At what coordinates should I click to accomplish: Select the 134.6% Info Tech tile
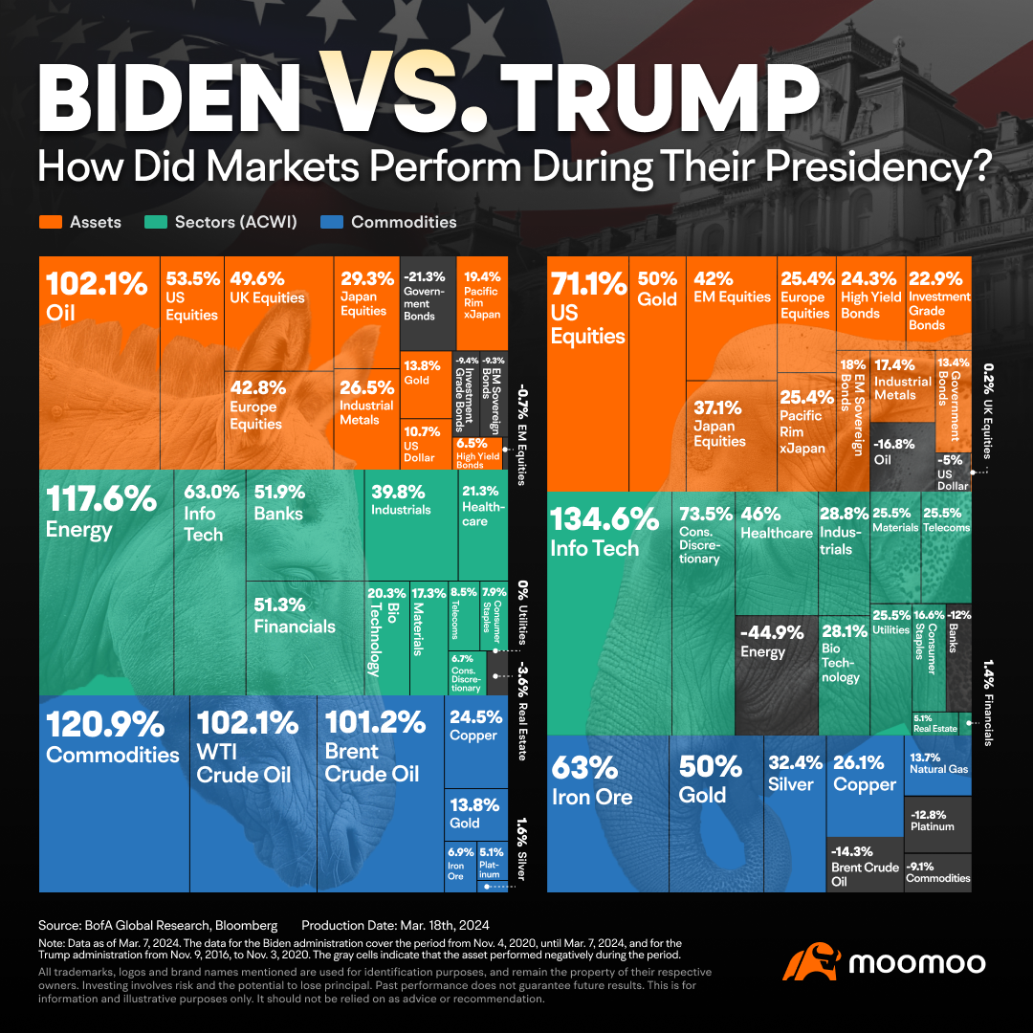tap(608, 612)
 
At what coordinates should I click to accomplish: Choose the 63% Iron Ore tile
tap(608, 813)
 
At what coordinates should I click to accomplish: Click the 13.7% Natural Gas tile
tap(937, 765)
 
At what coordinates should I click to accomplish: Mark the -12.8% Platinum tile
tap(937, 818)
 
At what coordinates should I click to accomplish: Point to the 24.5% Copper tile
tap(475, 741)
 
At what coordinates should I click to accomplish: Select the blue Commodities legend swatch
tap(332, 222)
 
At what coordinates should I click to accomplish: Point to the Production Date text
tap(395, 925)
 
